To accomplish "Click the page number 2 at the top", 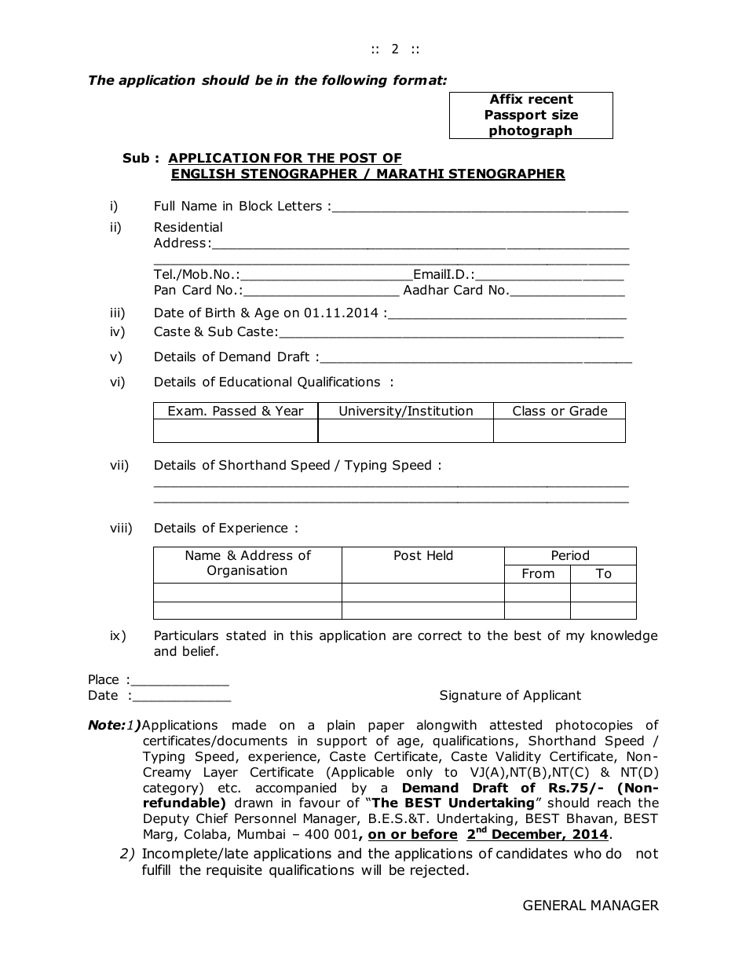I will [395, 49].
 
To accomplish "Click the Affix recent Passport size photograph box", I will [531, 115].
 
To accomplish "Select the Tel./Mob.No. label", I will [196, 274].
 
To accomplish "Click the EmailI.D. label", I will [444, 274].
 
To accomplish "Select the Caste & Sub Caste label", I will [216, 331].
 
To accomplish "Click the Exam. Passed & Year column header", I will [236, 411].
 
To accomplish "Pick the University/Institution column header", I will [406, 411].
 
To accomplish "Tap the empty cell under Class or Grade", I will [559, 431].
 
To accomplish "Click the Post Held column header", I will [423, 555].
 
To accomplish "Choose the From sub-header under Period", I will [538, 573].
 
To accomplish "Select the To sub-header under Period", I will [603, 573].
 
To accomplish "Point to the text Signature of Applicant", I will [510, 695].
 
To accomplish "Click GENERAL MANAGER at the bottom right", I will [591, 906].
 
